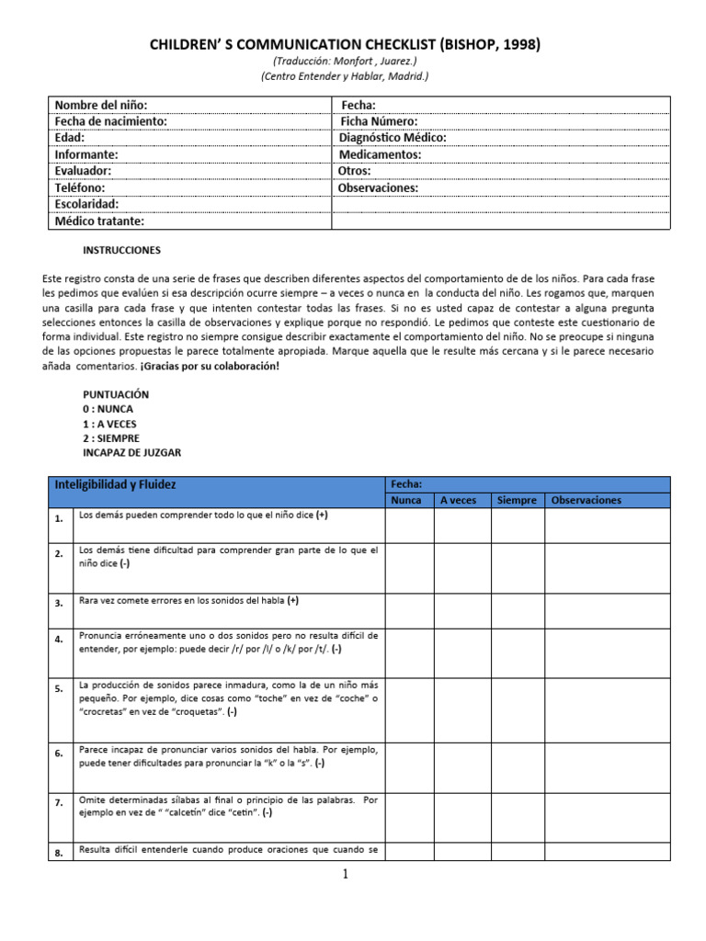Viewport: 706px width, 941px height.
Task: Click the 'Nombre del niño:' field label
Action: click(x=101, y=105)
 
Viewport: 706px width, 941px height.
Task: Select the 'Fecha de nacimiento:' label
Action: click(x=110, y=121)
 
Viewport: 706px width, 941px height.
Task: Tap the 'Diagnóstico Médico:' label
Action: click(x=393, y=138)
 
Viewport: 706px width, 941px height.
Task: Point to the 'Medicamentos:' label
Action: click(x=380, y=154)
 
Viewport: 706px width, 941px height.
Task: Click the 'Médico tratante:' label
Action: click(x=99, y=221)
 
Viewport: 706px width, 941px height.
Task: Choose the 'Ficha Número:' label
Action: click(x=379, y=121)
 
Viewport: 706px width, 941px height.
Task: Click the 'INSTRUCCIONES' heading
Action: click(x=121, y=250)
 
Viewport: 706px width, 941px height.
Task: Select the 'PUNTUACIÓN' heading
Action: click(x=116, y=394)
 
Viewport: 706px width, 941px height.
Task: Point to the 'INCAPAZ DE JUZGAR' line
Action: click(x=132, y=453)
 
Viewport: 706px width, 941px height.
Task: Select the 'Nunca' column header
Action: click(x=406, y=500)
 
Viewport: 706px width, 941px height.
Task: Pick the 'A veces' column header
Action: click(x=459, y=500)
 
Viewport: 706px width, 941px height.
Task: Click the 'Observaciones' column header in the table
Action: click(x=586, y=500)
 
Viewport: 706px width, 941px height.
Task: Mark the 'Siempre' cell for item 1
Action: click(x=517, y=526)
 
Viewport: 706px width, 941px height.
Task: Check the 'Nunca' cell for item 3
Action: click(x=408, y=609)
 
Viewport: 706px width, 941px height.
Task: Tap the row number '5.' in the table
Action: click(x=59, y=688)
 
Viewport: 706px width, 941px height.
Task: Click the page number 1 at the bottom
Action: click(x=346, y=874)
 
